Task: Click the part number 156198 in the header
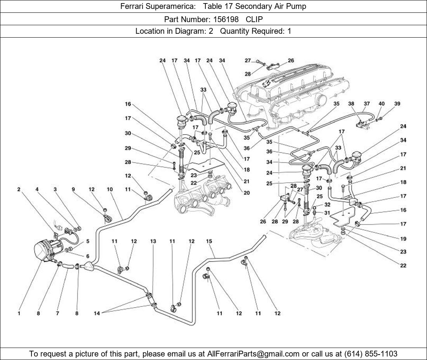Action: [226, 19]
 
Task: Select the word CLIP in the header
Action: [254, 19]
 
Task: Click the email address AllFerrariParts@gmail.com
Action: [253, 354]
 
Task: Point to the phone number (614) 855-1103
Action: [371, 354]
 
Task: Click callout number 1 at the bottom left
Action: [19, 313]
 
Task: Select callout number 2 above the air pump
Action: [19, 189]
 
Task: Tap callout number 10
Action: [110, 189]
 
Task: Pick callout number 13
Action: [153, 241]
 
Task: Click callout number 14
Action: [97, 313]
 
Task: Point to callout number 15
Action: [209, 241]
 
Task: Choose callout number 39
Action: [397, 104]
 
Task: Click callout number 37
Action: [367, 104]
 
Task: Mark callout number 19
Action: [403, 239]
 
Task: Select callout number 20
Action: [247, 193]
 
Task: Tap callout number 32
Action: [327, 204]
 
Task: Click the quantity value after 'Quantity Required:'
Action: [289, 31]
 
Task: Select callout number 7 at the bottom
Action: [57, 313]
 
